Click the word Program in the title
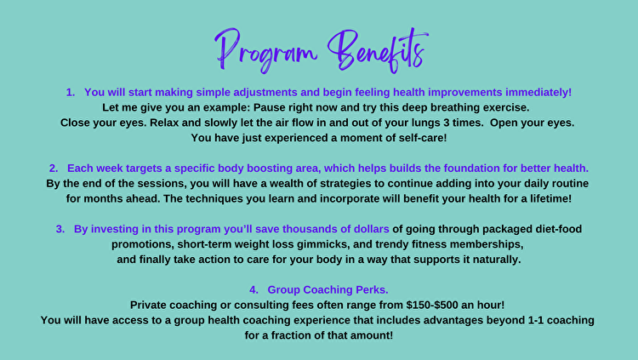pos(266,51)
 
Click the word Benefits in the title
pos(378,50)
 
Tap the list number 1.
pos(71,93)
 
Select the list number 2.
pos(54,169)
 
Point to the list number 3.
pos(60,229)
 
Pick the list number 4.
pos(253,290)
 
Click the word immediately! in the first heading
pos(538,93)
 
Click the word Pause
pos(267,107)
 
